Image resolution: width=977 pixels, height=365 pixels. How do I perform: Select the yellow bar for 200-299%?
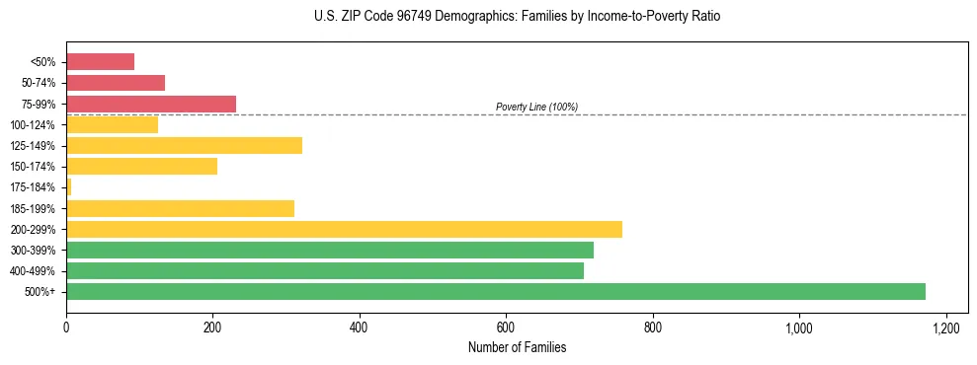(344, 229)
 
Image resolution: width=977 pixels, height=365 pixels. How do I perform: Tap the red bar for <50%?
(100, 62)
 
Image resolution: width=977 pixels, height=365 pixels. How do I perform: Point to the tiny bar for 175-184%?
(68, 187)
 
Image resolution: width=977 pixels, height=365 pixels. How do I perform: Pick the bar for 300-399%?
(330, 250)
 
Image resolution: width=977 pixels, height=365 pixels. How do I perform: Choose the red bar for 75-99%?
(151, 104)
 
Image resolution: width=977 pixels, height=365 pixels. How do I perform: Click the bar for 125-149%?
(184, 146)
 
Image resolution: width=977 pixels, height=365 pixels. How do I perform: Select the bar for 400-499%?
(325, 270)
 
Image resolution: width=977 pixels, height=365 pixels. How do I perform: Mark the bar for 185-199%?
(180, 208)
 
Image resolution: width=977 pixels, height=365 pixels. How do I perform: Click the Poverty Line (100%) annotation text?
(536, 107)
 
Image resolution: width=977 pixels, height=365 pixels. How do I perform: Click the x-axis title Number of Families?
(517, 347)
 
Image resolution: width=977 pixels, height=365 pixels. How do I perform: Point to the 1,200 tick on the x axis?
(945, 327)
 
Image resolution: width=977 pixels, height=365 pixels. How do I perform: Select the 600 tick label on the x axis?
(506, 327)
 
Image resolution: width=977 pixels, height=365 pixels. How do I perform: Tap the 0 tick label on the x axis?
(66, 327)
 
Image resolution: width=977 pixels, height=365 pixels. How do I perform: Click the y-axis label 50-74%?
(39, 83)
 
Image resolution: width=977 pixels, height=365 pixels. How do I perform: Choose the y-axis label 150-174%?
(34, 167)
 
